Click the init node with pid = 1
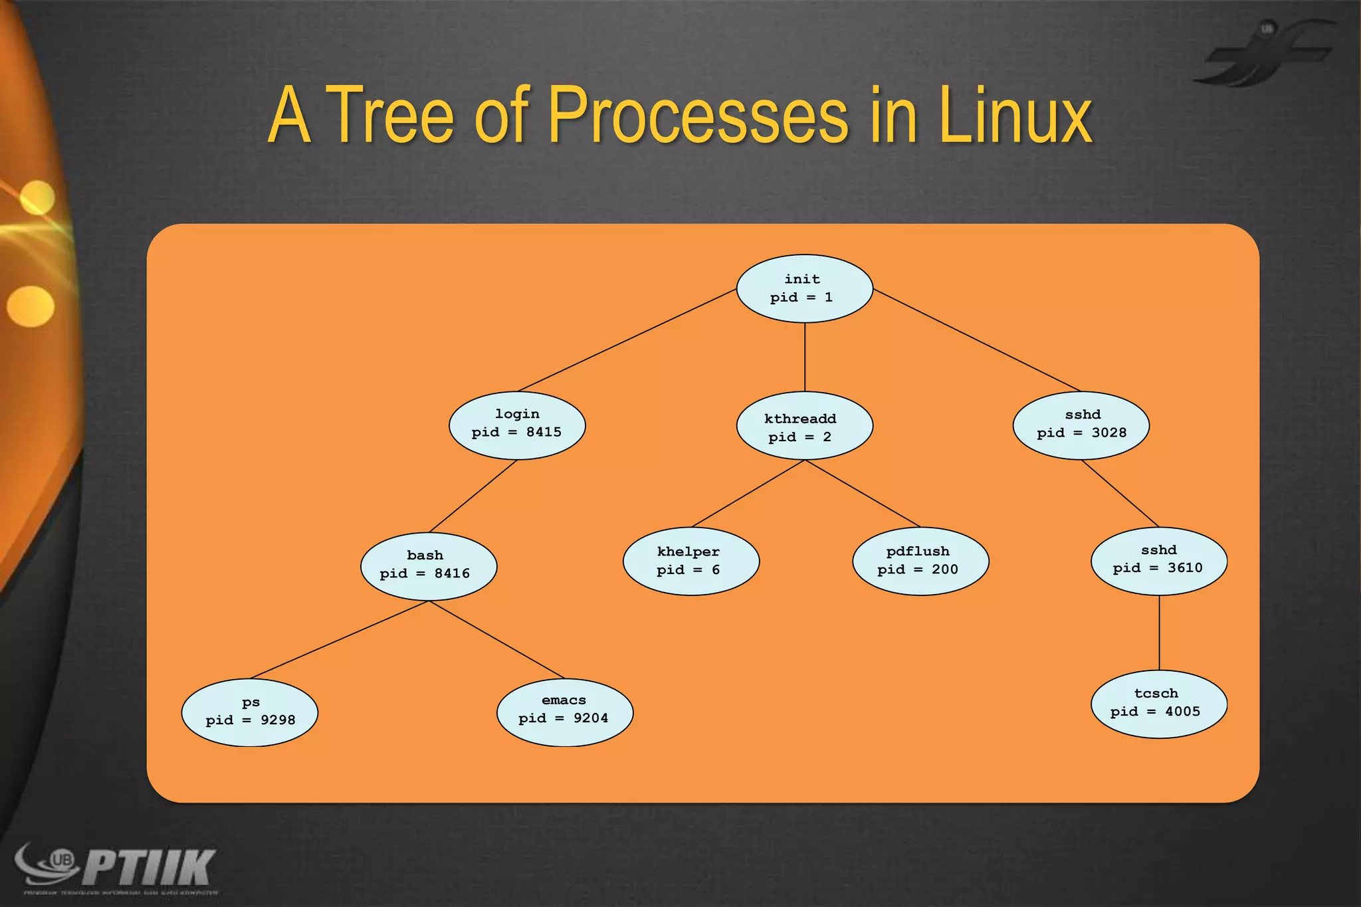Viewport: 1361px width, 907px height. (804, 288)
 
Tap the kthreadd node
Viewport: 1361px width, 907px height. (804, 426)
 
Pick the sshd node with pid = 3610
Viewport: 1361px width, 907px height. (1158, 560)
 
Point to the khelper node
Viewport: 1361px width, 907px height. (690, 561)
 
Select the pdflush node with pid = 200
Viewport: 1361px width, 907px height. (920, 561)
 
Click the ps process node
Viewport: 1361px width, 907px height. (249, 712)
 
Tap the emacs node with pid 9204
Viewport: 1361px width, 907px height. (564, 710)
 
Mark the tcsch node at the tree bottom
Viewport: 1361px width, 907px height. (1158, 703)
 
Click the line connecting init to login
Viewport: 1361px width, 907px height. (626, 340)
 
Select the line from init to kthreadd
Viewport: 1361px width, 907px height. (805, 357)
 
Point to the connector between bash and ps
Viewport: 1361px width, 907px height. (339, 640)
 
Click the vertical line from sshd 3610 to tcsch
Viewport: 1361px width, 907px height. (1159, 633)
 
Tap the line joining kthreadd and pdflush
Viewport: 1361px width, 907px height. (863, 493)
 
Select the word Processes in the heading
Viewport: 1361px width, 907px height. (698, 116)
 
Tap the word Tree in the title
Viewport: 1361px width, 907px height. (392, 116)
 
